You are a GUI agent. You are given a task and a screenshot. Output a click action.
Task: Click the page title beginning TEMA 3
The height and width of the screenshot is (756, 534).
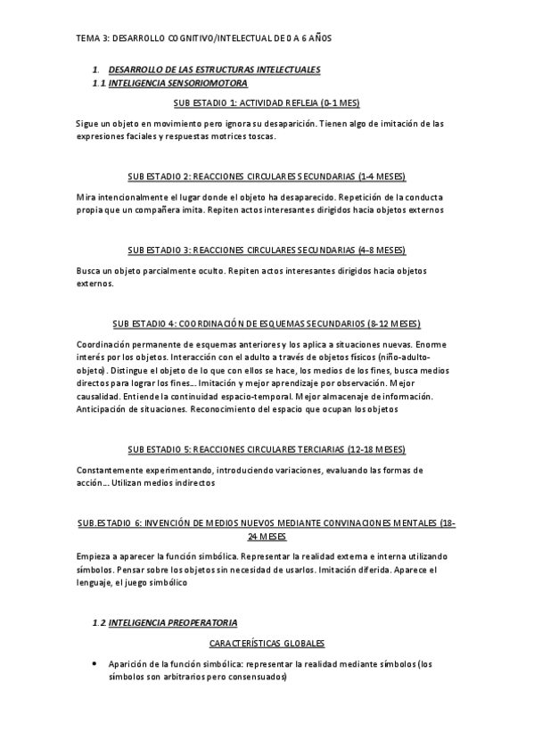[x=204, y=38]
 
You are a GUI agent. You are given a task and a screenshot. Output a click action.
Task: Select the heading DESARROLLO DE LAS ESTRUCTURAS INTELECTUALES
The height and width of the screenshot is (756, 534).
[x=213, y=70]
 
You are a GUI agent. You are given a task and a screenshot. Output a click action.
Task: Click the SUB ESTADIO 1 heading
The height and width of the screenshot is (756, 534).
[x=267, y=103]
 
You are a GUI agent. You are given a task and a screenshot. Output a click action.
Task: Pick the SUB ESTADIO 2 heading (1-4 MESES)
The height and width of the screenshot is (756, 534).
[x=267, y=177]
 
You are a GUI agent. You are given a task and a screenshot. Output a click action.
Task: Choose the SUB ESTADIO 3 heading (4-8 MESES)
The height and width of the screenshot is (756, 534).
[x=267, y=250]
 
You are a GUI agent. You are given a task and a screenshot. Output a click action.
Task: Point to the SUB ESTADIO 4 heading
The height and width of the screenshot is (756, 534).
[x=267, y=323]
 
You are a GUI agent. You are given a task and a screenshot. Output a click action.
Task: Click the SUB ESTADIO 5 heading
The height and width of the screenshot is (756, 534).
[x=267, y=448]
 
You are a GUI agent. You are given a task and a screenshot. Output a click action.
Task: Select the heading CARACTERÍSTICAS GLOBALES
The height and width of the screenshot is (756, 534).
[x=267, y=643]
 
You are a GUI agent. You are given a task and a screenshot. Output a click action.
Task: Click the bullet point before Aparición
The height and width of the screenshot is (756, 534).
[x=94, y=664]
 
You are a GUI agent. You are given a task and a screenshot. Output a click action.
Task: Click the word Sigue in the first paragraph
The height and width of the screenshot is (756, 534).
[x=87, y=123]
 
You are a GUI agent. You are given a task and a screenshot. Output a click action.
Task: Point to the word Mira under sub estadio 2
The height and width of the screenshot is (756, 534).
[x=86, y=196]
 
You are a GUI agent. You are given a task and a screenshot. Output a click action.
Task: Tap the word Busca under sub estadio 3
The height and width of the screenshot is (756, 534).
[x=89, y=269]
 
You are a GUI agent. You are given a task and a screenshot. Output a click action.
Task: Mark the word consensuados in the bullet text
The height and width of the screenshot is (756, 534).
[x=259, y=677]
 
